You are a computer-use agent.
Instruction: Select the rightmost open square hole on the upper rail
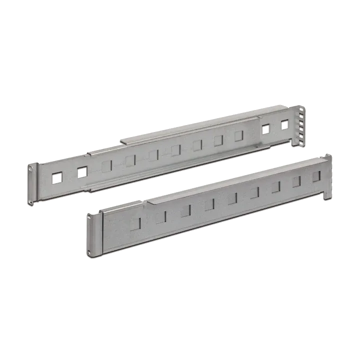(285, 125)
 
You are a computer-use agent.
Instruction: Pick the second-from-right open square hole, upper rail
(265, 128)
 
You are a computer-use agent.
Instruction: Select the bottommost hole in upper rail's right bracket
(302, 139)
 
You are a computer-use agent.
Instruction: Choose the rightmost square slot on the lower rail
(316, 176)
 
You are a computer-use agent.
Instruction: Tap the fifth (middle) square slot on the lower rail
(232, 198)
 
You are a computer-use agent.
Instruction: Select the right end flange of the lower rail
(327, 177)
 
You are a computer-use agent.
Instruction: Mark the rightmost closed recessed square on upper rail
(239, 135)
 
